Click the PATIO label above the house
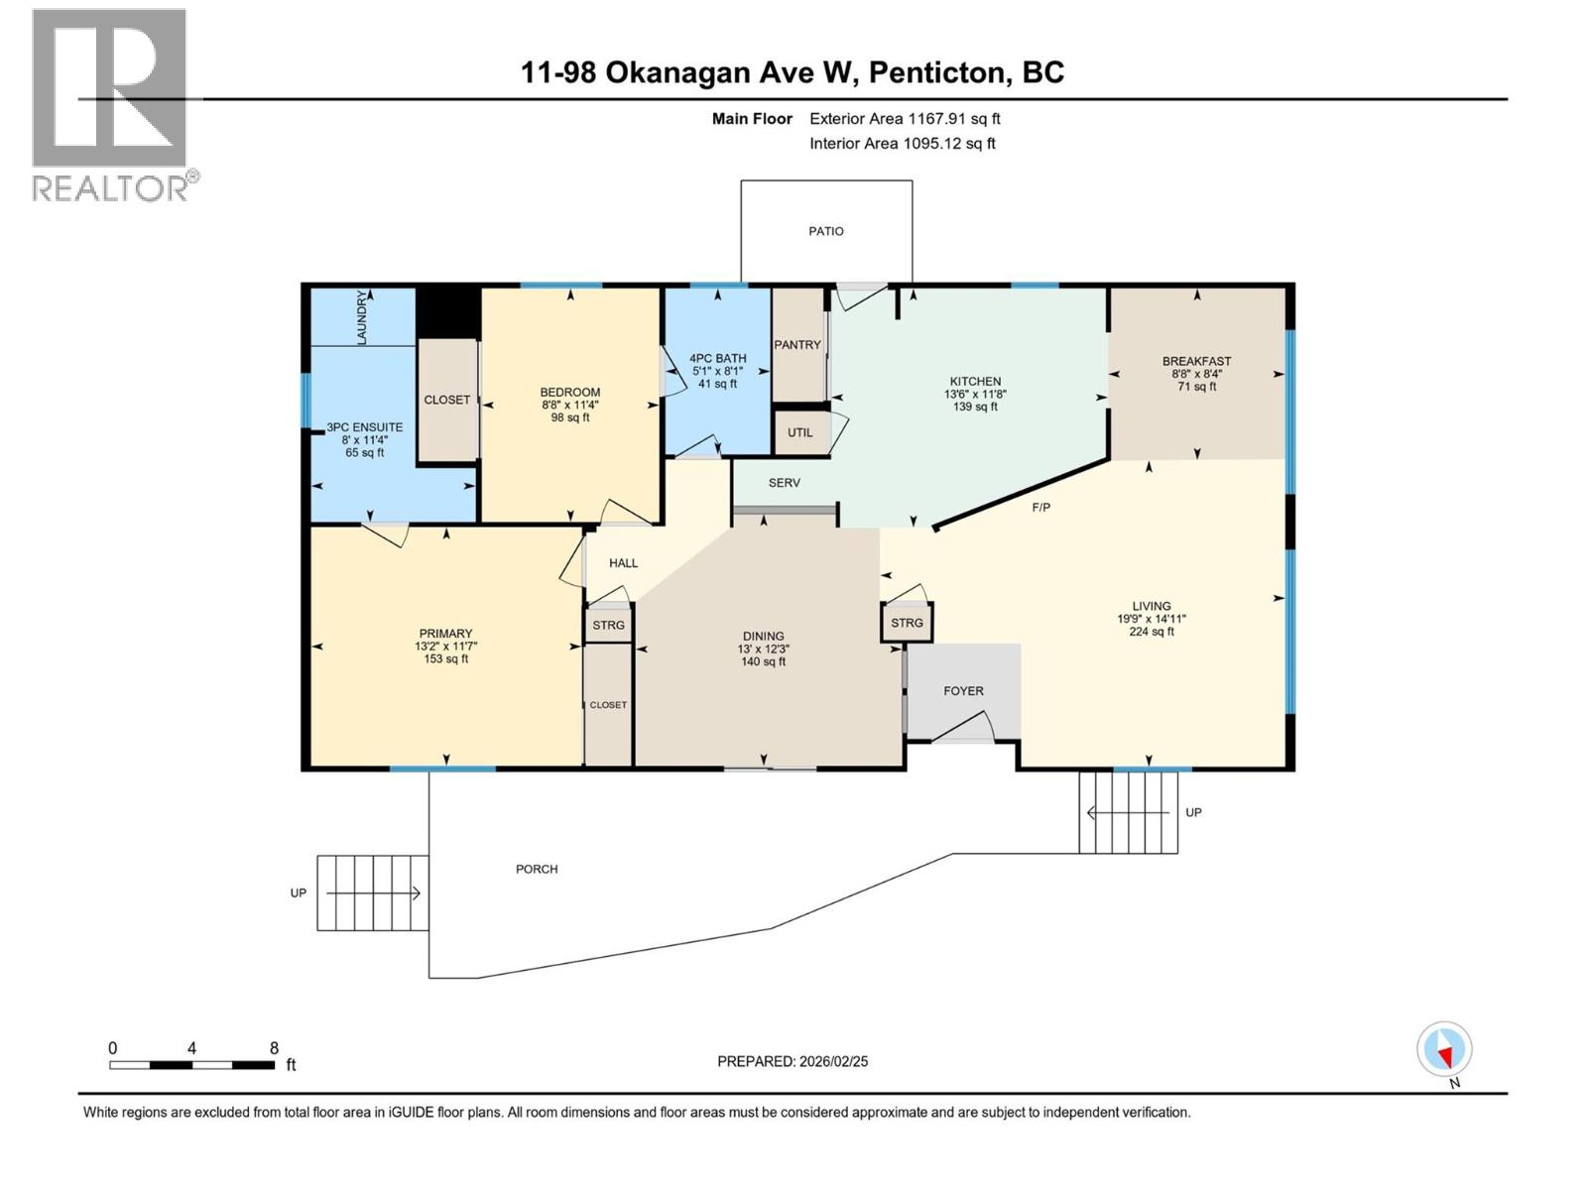(825, 231)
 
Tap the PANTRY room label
(797, 345)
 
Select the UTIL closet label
(799, 432)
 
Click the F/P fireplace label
(1040, 508)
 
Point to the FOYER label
(963, 691)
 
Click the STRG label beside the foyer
(907, 623)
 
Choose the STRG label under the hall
(608, 625)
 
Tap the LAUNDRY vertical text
(362, 318)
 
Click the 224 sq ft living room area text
(1151, 632)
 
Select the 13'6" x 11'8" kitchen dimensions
(975, 394)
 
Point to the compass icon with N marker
(1444, 1049)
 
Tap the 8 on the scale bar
(274, 1048)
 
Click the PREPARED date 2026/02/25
(793, 1061)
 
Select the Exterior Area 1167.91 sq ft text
(905, 119)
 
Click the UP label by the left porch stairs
(299, 892)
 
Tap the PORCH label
(537, 869)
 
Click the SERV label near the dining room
(784, 483)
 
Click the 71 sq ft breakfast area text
(1197, 387)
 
